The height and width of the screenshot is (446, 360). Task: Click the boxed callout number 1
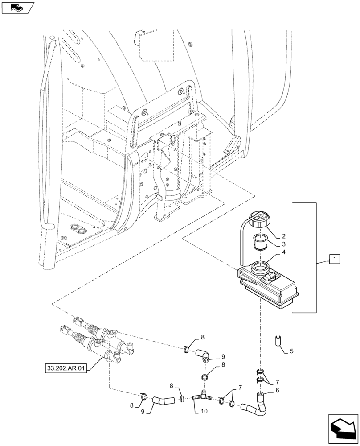click(x=335, y=258)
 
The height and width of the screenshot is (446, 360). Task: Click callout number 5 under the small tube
click(x=292, y=351)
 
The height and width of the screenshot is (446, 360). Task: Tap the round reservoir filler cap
click(x=259, y=220)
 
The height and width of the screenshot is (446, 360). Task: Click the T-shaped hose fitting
click(x=201, y=395)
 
